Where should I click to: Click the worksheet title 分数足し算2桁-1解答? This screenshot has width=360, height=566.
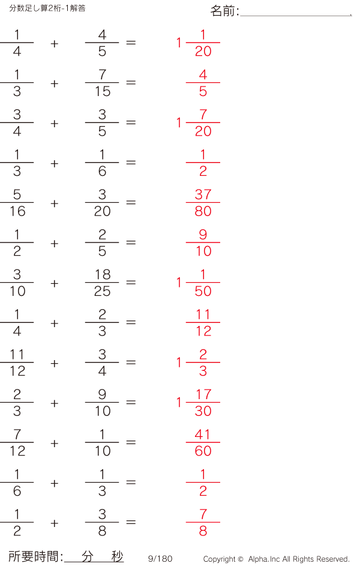click(x=47, y=8)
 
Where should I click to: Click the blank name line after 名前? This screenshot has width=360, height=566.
click(x=296, y=16)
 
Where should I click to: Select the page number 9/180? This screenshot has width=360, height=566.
click(x=160, y=559)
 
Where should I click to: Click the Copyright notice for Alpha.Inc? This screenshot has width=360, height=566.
click(x=277, y=559)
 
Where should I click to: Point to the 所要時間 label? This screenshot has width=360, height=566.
click(x=34, y=556)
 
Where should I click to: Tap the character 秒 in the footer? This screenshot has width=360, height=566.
click(x=117, y=556)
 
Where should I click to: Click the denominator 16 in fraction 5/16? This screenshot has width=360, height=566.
click(x=17, y=211)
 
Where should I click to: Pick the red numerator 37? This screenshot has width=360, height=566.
click(x=203, y=194)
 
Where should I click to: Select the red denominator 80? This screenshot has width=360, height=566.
click(x=203, y=211)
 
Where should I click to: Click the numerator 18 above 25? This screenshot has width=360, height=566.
click(x=103, y=275)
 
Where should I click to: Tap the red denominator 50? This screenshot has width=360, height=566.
click(x=203, y=291)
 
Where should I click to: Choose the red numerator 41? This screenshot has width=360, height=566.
click(x=202, y=435)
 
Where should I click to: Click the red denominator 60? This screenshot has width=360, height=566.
click(x=203, y=451)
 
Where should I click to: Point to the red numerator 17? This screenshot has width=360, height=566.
click(x=203, y=394)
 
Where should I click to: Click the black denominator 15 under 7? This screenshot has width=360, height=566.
click(x=103, y=91)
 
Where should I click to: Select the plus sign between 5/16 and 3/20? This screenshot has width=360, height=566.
click(x=55, y=203)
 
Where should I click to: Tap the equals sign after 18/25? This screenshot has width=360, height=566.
click(x=131, y=282)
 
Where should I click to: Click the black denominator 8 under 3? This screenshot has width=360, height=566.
click(x=103, y=531)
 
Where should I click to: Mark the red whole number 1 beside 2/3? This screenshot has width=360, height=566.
click(x=179, y=362)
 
